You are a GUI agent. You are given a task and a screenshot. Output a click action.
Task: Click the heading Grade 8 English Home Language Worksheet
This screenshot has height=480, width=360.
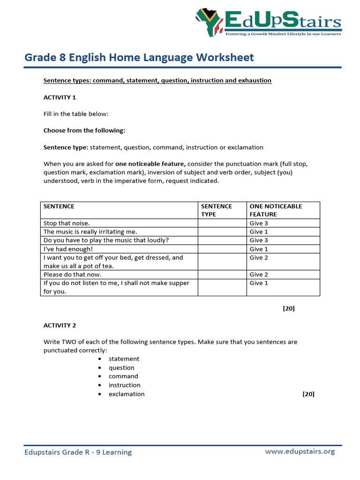[139, 58]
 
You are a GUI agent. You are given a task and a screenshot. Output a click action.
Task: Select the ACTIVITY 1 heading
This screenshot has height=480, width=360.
[60, 97]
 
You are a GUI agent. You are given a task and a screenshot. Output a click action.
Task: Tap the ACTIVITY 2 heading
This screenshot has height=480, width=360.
[60, 325]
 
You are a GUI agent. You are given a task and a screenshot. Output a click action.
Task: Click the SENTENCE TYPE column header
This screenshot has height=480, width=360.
[217, 210]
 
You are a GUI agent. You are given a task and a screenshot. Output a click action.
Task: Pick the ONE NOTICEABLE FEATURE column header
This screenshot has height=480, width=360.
[276, 210]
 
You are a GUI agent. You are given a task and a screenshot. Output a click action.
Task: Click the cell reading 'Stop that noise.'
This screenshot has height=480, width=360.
[67, 223]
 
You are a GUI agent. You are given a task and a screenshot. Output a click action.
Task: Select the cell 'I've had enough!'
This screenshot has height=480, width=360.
[68, 249]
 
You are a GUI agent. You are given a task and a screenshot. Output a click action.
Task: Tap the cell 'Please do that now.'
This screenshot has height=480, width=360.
[72, 275]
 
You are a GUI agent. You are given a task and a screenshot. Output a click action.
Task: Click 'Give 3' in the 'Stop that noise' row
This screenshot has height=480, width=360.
[259, 223]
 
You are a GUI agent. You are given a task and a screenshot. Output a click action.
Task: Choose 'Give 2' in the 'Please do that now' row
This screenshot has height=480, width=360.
[259, 275]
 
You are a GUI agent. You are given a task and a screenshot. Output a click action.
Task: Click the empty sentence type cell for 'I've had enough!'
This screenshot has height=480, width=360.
[222, 249]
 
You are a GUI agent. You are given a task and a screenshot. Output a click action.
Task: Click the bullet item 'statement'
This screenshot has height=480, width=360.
[124, 359]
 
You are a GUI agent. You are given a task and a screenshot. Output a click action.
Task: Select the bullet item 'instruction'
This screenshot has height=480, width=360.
[124, 385]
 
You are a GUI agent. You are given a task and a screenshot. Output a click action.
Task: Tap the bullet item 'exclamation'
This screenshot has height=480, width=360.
[127, 394]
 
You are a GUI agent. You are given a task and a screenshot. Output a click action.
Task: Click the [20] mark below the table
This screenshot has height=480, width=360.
[289, 308]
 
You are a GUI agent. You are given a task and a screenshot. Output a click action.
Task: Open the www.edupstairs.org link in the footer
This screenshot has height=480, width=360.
[300, 451]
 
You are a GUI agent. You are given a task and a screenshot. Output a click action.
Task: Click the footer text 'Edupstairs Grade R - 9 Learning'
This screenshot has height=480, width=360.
[78, 452]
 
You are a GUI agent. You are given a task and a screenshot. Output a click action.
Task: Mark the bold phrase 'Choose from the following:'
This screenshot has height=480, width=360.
[84, 130]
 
